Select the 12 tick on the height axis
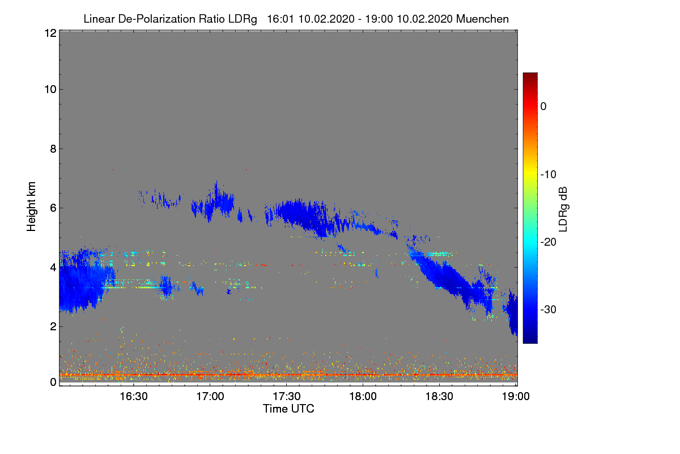click(x=49, y=33)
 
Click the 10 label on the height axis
click(x=49, y=89)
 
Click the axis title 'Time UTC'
click(x=288, y=409)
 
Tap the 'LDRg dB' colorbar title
click(x=563, y=208)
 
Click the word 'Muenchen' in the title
click(x=482, y=19)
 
